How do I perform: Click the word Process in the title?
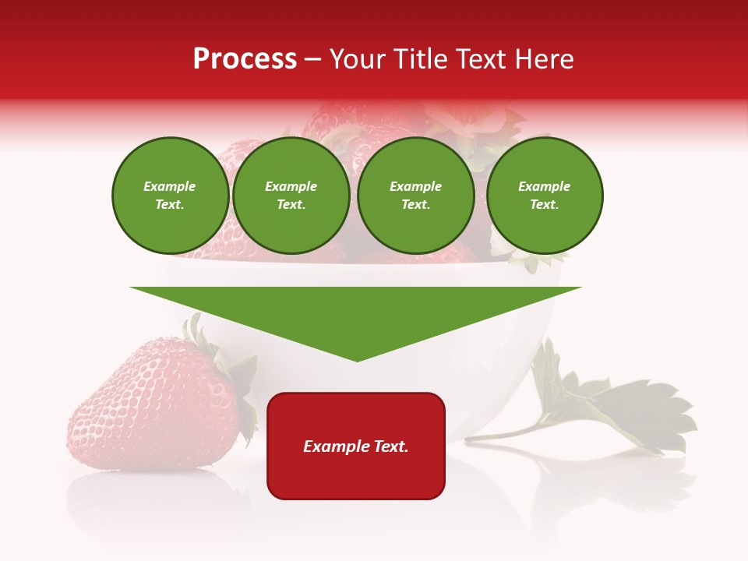[245, 59]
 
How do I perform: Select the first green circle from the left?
[170, 196]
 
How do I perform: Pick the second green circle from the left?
[291, 196]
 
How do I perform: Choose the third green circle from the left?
[415, 196]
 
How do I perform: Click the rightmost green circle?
[544, 196]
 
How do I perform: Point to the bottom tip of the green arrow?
[357, 359]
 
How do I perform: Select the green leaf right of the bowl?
[631, 409]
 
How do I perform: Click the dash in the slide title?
[313, 59]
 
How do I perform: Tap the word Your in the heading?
[356, 59]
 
